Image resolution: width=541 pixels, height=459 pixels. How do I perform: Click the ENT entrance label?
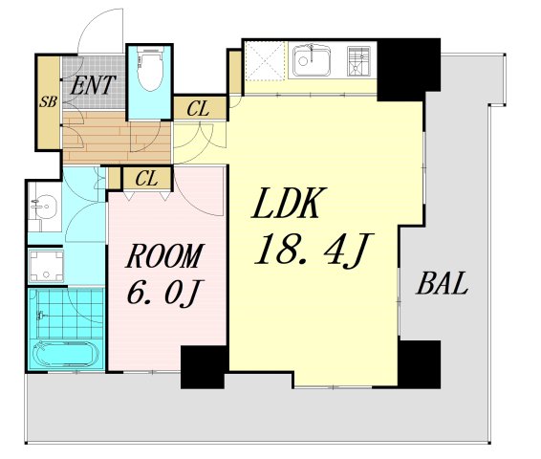tap(92, 85)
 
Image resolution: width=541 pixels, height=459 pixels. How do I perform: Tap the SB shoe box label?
tap(49, 101)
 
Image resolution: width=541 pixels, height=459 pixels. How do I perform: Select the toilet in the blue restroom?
tap(150, 68)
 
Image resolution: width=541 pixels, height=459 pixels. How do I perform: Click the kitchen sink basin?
tap(312, 60)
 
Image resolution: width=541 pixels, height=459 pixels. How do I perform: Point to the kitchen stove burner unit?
tap(358, 61)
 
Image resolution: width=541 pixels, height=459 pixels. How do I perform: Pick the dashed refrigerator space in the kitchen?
tap(266, 61)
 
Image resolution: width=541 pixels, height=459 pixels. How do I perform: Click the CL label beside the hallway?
tap(198, 109)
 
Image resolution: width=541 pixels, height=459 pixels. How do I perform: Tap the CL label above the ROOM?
tap(146, 179)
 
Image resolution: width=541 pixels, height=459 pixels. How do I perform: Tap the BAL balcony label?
tap(443, 283)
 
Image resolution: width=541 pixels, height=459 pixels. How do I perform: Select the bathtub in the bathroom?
tap(66, 354)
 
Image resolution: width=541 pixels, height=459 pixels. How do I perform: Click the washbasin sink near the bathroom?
tap(45, 207)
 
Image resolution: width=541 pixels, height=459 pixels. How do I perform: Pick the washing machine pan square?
tap(46, 266)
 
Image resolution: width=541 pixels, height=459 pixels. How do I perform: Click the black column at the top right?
tap(409, 70)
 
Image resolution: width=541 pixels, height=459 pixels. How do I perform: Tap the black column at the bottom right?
tap(420, 364)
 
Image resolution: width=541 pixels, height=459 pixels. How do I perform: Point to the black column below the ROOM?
tap(204, 367)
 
